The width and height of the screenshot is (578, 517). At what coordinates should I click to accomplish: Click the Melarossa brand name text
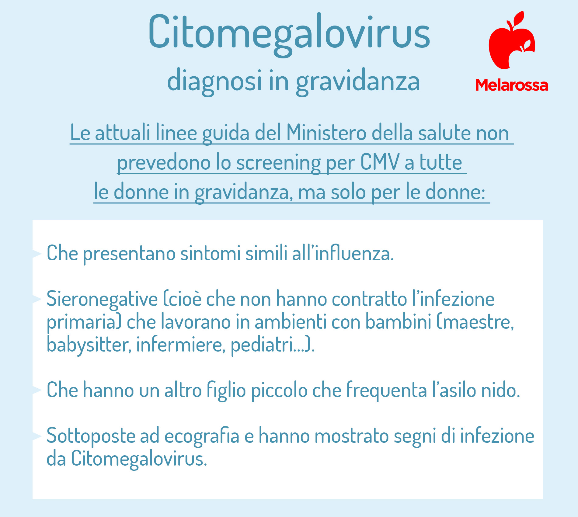[512, 85]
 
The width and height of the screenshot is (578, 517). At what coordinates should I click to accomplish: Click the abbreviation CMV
[380, 162]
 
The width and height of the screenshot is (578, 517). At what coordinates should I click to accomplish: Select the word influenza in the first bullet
[354, 253]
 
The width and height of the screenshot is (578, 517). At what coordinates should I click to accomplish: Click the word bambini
[398, 322]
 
